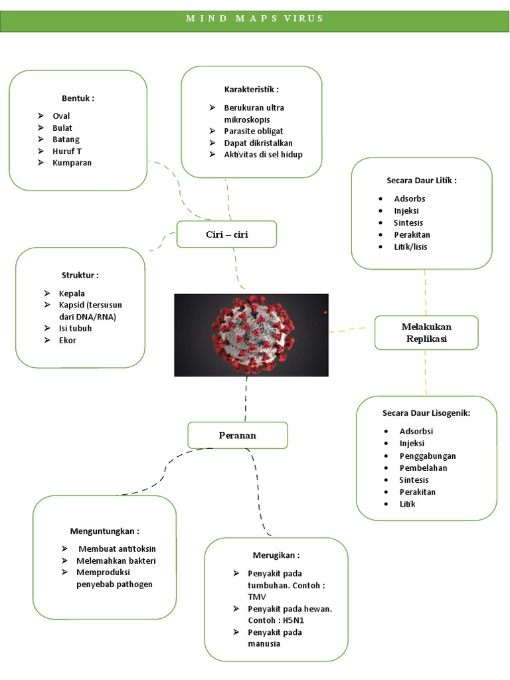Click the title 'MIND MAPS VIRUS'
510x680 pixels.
[x=255, y=19]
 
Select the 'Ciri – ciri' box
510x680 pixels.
[x=226, y=234]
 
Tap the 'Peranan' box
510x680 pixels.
[x=237, y=436]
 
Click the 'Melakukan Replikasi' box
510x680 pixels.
[x=426, y=333]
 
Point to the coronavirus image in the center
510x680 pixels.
[x=251, y=335]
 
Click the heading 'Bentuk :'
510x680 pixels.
[x=78, y=98]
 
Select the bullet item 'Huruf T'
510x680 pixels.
[x=67, y=151]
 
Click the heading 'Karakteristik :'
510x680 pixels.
[x=251, y=89]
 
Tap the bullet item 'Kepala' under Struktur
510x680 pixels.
[x=72, y=293]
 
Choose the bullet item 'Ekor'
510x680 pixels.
[x=67, y=340]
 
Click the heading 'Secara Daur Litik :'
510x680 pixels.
[x=421, y=180]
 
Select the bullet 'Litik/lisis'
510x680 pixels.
[x=410, y=246]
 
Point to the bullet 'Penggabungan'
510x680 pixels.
[x=427, y=456]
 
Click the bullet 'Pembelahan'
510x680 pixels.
[x=423, y=467]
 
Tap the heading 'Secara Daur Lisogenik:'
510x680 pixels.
[x=426, y=413]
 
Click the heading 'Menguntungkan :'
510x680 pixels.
[x=104, y=531]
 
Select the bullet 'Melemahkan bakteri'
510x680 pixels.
[x=116, y=560]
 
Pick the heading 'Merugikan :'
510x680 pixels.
[x=276, y=554]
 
